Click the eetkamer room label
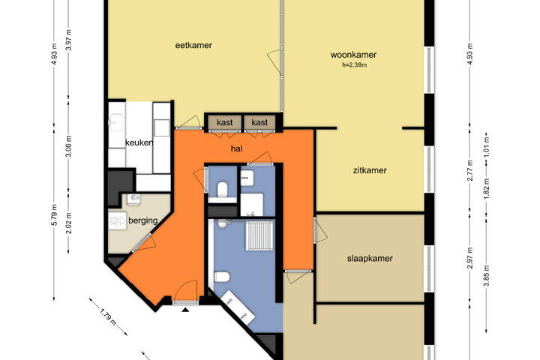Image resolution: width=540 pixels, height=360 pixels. point(193,46)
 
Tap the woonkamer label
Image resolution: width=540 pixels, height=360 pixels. point(353,55)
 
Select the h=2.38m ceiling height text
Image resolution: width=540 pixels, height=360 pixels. point(354,64)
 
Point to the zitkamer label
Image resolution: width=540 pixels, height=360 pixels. point(370,170)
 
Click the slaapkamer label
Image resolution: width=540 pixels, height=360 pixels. point(370,258)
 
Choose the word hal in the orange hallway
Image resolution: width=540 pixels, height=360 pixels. point(236,148)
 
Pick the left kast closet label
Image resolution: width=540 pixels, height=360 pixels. point(225,122)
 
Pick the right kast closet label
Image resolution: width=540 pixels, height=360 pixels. point(259,122)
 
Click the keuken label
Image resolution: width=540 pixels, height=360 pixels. point(139,142)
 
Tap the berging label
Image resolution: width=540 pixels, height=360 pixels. point(143,220)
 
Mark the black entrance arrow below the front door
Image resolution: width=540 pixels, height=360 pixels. point(186,310)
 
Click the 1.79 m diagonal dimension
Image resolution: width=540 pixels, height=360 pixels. point(108,317)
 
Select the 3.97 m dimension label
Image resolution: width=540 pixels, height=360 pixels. point(69,40)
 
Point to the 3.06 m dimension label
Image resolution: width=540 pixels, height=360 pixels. point(69,146)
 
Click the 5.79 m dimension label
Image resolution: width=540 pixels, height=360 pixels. point(55,215)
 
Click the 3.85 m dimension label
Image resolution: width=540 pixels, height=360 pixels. point(486,275)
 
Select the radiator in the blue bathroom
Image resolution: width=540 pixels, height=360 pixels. point(259,235)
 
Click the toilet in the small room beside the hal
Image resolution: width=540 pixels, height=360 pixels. point(222,190)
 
